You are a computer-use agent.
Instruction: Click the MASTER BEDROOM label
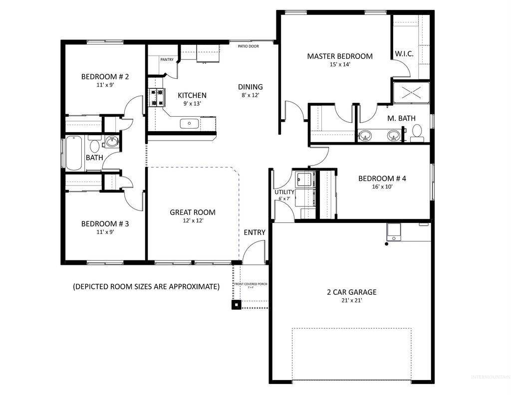pos(339,56)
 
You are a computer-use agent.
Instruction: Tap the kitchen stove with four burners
pos(157,97)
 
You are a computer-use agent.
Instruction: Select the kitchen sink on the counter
pos(190,123)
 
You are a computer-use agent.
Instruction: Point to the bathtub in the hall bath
pos(74,153)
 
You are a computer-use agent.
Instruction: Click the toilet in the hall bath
pos(94,146)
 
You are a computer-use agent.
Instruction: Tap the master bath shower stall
pos(411,92)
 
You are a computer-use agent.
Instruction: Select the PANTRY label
pos(167,60)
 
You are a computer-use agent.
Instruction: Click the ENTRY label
pos(255,232)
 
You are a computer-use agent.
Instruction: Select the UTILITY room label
pos(284,192)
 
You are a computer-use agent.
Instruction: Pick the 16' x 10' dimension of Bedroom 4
pos(382,188)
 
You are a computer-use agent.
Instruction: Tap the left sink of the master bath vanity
pos(366,135)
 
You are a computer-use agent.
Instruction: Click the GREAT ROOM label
pos(193,212)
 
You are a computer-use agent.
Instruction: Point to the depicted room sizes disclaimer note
pos(146,286)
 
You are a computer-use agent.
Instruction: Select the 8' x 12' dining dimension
pos(250,95)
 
